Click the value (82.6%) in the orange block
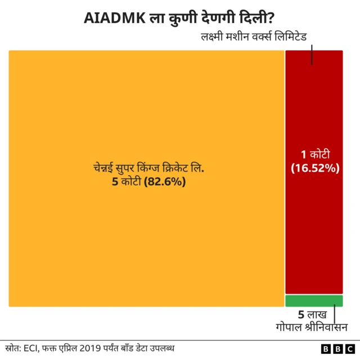click(165, 182)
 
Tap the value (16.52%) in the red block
click(314, 167)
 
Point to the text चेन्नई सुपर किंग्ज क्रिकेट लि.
click(148, 168)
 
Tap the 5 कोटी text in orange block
click(125, 182)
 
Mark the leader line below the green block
click(335, 312)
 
